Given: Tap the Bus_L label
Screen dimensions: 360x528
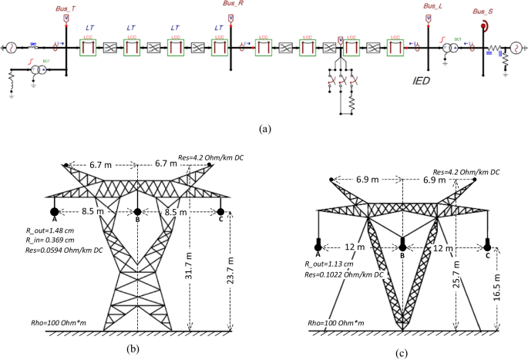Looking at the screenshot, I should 433,5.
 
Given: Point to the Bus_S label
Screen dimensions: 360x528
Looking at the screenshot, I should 483,12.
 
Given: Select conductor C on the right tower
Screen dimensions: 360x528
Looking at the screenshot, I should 487,244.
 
